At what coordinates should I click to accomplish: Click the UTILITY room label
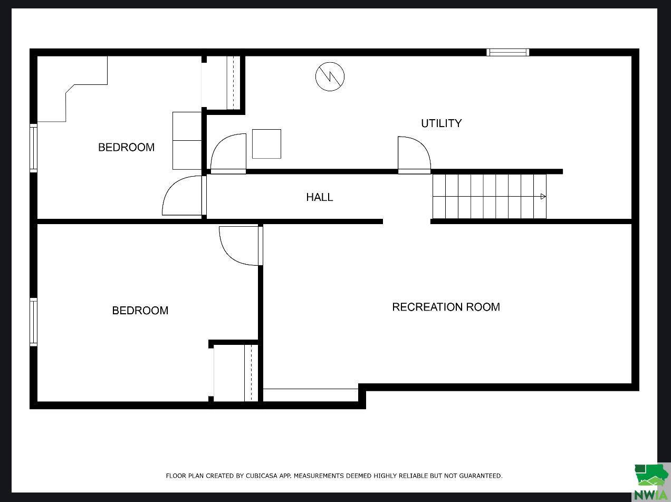441,123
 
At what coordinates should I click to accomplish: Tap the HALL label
320,197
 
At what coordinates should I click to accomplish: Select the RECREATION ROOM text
446,307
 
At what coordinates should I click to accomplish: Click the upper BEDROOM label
126,147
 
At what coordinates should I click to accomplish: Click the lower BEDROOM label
140,311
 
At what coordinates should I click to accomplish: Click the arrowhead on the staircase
543,197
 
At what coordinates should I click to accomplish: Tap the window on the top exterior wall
508,52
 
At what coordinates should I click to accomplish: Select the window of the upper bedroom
33,148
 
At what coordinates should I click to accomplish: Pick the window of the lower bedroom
33,322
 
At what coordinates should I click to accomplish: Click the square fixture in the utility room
266,144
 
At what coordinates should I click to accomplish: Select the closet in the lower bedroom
236,372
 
